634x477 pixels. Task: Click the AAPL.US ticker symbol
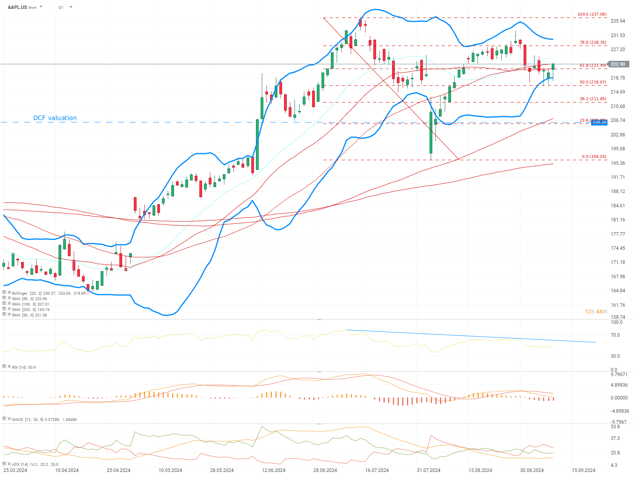tap(17, 7)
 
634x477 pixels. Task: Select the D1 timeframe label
tap(61, 7)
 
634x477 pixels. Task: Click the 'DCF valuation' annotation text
tap(55, 118)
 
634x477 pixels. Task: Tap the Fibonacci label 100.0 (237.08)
tap(592, 14)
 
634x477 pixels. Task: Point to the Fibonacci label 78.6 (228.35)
tap(593, 42)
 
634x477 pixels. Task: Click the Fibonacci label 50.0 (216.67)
tap(593, 82)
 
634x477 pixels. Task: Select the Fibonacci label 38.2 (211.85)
tap(593, 99)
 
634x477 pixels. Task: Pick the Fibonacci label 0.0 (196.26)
tap(594, 157)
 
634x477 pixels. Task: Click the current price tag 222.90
tap(618, 64)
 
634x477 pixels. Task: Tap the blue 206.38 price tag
tap(599, 122)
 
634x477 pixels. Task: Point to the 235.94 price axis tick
tap(618, 21)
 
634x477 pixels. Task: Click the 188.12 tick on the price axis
tap(618, 191)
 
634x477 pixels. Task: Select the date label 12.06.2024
tap(273, 470)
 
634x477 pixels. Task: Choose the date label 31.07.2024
tap(428, 470)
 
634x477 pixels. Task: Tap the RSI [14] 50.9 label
tap(23, 367)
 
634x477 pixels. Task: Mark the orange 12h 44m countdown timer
tap(596, 311)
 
